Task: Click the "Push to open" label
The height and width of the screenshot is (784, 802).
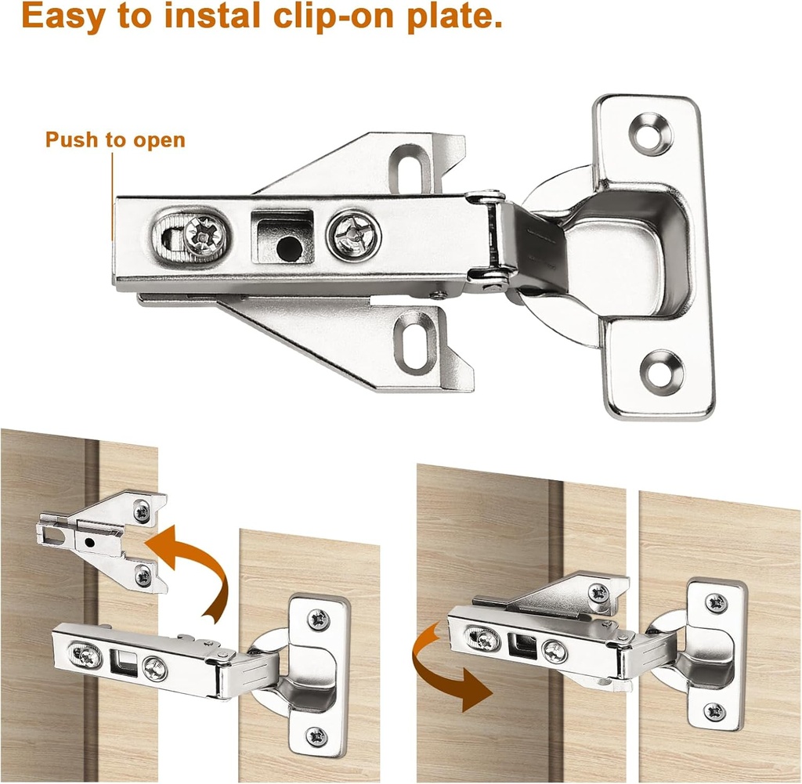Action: tap(115, 140)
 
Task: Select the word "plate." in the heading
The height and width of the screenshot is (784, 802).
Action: tap(453, 16)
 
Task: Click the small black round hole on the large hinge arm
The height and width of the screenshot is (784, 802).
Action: tap(288, 248)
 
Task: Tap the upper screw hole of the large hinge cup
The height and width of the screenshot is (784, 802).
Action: tap(652, 133)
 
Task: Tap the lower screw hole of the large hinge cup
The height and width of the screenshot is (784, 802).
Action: tap(662, 371)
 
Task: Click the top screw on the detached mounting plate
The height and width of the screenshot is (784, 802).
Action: tap(142, 512)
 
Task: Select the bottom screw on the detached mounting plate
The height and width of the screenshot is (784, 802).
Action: tap(143, 576)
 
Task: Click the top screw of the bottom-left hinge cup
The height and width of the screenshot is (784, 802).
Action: tap(319, 619)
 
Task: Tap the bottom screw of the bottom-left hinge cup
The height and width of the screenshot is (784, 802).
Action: tap(316, 735)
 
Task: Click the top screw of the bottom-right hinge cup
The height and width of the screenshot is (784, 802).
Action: tap(717, 602)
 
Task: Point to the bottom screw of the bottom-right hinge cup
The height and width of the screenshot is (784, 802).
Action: tap(714, 711)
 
